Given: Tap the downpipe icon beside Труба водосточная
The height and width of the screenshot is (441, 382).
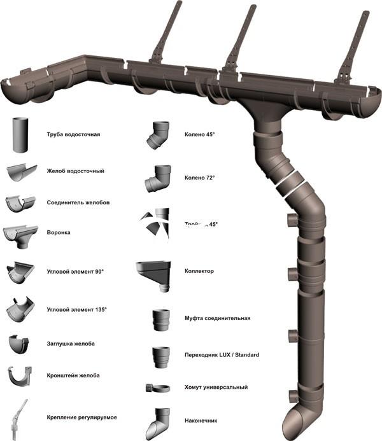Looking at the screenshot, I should click(20, 135).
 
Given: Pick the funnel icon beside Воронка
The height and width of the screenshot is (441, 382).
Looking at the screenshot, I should click(20, 234).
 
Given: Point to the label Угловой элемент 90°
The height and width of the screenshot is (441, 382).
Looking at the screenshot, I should click(75, 272).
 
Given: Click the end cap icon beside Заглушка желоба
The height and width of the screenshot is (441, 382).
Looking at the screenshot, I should click(20, 344).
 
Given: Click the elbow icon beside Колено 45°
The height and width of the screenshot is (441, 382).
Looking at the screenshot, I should click(157, 136).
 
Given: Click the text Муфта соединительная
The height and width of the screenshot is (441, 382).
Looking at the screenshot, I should click(217, 318).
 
